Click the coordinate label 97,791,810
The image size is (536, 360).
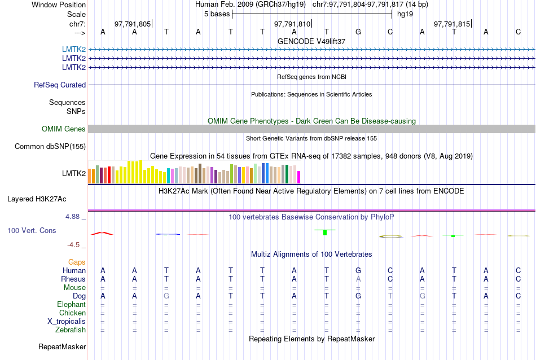292,24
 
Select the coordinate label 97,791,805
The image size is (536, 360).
133,24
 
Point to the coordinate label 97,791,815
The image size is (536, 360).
452,24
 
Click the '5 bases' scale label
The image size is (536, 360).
217,14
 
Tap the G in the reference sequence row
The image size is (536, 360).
358,32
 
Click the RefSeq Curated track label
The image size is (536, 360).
60,85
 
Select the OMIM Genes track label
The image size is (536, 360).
64,129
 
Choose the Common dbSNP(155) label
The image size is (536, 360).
50,147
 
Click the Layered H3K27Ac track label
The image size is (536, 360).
37,199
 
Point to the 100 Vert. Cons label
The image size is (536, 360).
32,231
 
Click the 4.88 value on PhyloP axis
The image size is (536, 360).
75,217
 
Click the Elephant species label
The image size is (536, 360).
72,305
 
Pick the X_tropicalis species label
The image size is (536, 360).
67,322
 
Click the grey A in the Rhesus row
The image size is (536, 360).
358,279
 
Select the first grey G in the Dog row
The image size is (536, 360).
166,296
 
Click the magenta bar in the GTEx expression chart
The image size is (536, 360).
299,177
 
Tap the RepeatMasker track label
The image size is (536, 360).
62,346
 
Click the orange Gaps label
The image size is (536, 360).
77,262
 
